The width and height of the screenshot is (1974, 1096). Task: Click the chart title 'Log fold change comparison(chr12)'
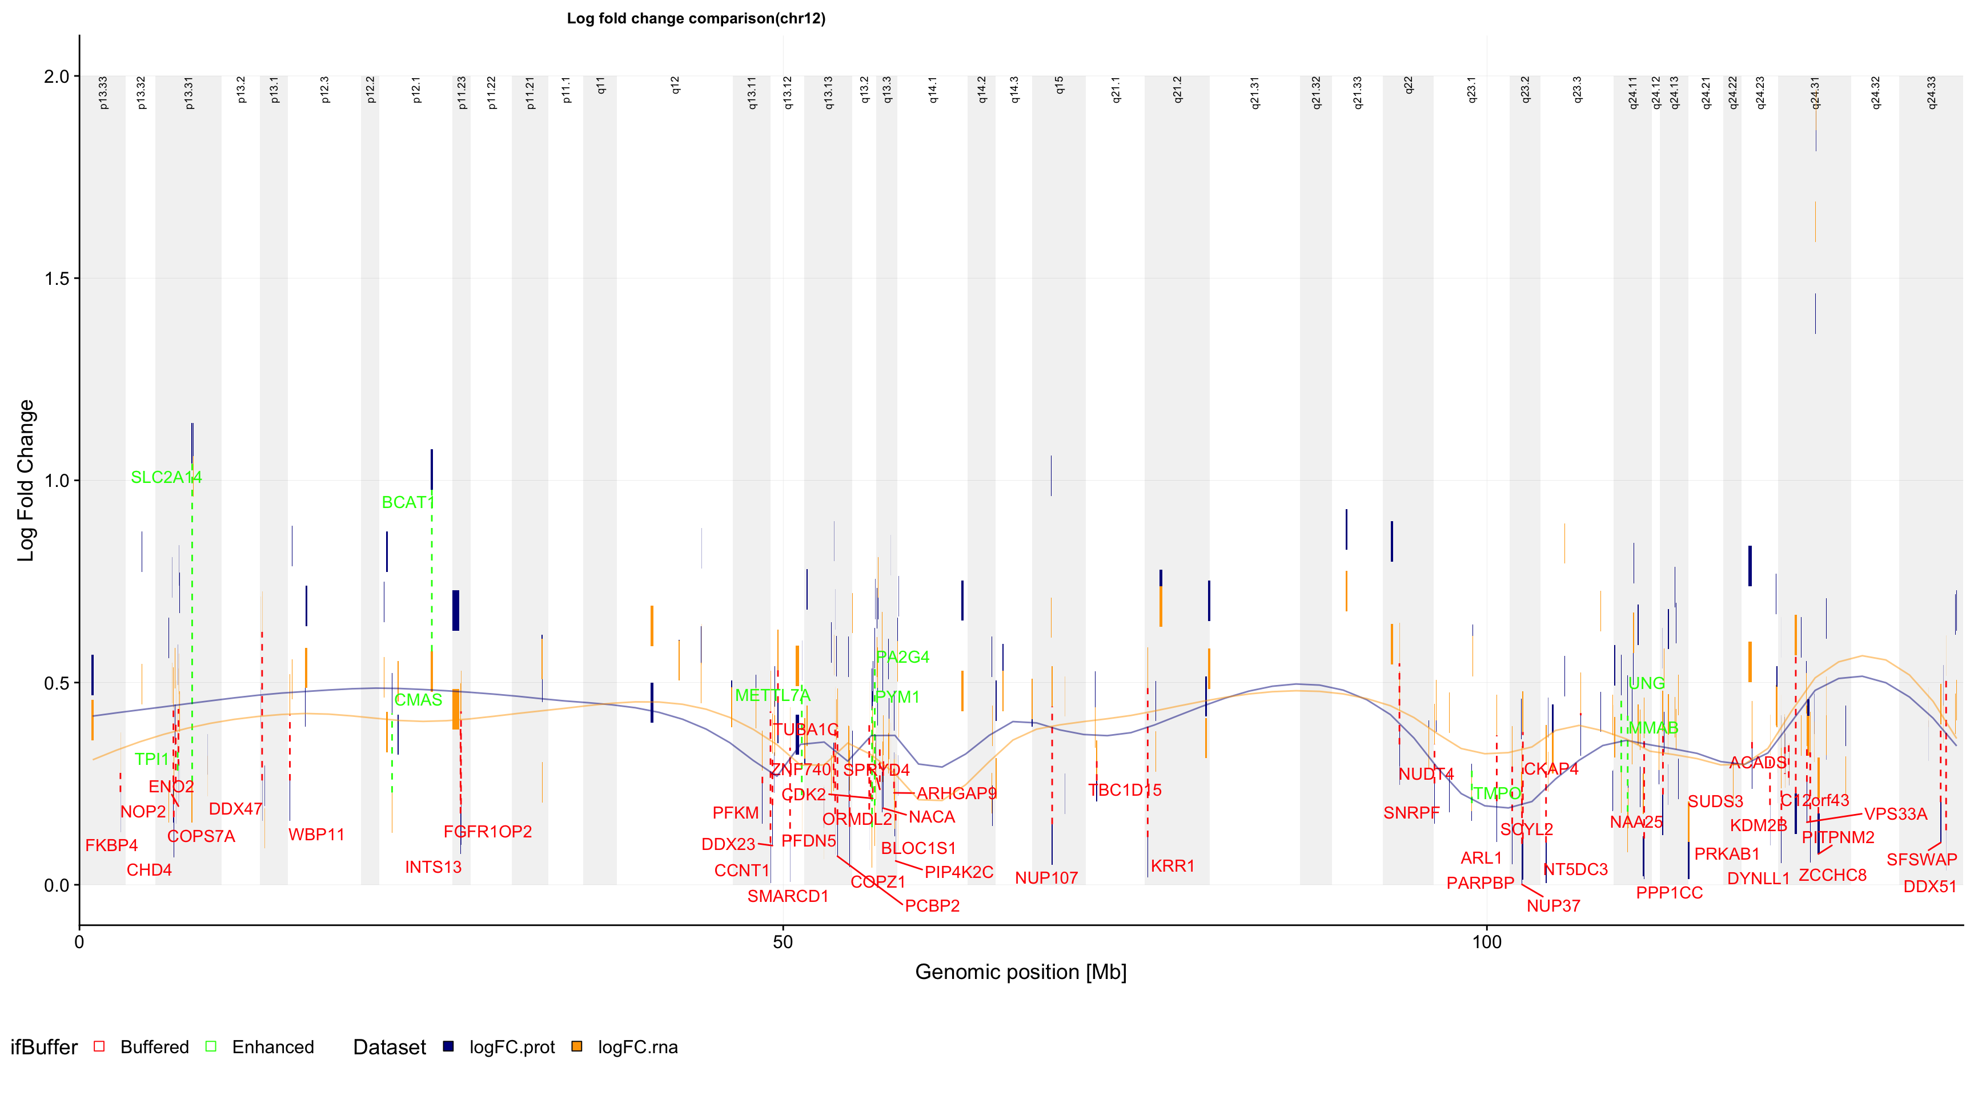coord(696,18)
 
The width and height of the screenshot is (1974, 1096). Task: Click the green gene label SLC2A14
coord(166,477)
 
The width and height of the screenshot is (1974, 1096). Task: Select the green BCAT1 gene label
coord(408,502)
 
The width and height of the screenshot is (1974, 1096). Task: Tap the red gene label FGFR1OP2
coord(487,832)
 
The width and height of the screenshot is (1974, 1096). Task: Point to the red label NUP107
coord(1046,879)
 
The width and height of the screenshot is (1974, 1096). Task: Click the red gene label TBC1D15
coord(1125,791)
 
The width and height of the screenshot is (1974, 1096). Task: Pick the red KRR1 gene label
coord(1173,866)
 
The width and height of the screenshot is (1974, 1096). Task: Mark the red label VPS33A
coord(1895,814)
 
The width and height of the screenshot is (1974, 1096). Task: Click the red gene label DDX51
coord(1929,887)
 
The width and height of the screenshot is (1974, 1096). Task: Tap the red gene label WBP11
coord(316,835)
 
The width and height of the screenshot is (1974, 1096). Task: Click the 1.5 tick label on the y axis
coord(58,279)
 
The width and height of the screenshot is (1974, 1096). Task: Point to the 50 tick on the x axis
coord(783,942)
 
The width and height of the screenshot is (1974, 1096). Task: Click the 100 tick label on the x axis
coord(1487,942)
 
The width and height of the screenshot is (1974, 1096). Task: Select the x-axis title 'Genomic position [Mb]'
coord(1021,972)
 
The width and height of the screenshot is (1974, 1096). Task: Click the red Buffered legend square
coord(99,1046)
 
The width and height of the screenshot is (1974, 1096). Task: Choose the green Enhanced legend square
coord(211,1046)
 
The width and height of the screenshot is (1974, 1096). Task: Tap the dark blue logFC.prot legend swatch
coord(448,1046)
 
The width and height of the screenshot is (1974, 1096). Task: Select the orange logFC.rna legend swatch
coord(576,1046)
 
